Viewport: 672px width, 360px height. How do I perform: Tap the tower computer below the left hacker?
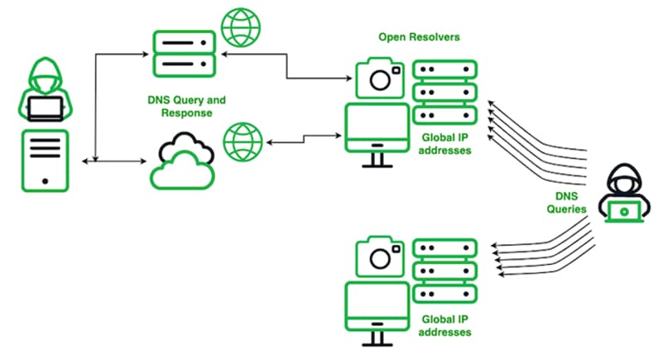44,161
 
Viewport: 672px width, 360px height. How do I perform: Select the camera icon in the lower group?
381,257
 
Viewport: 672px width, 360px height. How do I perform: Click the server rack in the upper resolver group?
445,91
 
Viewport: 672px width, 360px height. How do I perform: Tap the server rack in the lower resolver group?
445,271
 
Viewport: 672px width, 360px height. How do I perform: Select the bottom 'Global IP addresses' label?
445,325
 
